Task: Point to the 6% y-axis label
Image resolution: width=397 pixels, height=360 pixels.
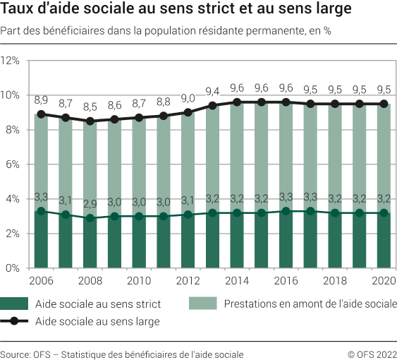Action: click(x=13, y=164)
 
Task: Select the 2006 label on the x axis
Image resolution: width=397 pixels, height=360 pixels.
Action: click(x=41, y=280)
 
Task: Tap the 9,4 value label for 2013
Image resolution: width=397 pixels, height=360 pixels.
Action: click(x=212, y=92)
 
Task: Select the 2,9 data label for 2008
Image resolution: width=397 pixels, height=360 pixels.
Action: click(x=90, y=204)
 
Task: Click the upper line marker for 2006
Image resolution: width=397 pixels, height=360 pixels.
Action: click(x=41, y=114)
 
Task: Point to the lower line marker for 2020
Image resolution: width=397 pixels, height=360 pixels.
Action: click(x=384, y=212)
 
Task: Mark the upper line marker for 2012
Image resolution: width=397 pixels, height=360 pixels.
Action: click(x=188, y=112)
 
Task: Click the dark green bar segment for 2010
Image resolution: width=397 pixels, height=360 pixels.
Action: click(x=139, y=242)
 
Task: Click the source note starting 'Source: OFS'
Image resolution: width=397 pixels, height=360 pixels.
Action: click(x=121, y=354)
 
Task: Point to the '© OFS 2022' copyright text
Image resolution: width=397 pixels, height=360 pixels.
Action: click(x=372, y=354)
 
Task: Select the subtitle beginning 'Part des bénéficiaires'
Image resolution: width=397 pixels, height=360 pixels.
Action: click(x=166, y=32)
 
